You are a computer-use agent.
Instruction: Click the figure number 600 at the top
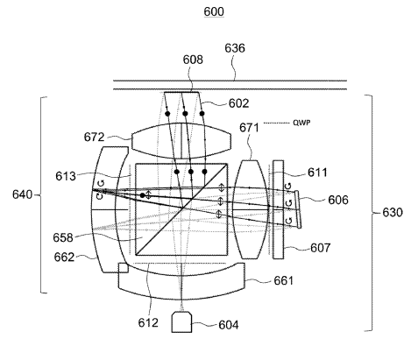[x=214, y=11]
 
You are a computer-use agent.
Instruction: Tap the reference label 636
[x=235, y=48]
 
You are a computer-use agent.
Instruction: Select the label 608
[x=193, y=60]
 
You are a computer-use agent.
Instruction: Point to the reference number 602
[x=238, y=103]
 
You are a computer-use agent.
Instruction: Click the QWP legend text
[x=301, y=123]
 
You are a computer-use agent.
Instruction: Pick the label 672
[x=94, y=137]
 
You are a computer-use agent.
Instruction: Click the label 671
[x=249, y=128]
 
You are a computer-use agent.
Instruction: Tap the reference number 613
[x=66, y=176]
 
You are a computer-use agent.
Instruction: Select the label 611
[x=317, y=173]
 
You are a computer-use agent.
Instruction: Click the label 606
[x=338, y=200]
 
